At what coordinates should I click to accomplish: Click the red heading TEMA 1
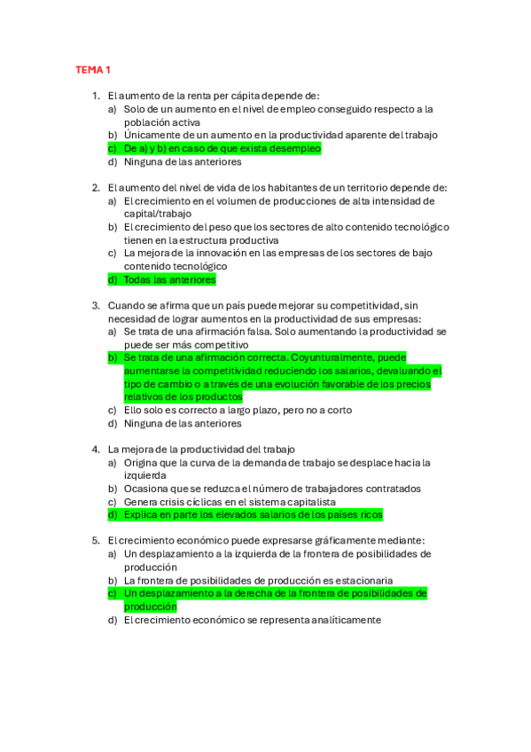coord(92,69)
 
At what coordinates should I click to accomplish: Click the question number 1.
coord(96,96)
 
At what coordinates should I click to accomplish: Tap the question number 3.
coord(96,305)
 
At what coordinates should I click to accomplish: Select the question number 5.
coord(96,541)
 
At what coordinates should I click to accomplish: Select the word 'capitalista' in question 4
coord(309,501)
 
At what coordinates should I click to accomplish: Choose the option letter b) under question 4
coord(113,489)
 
